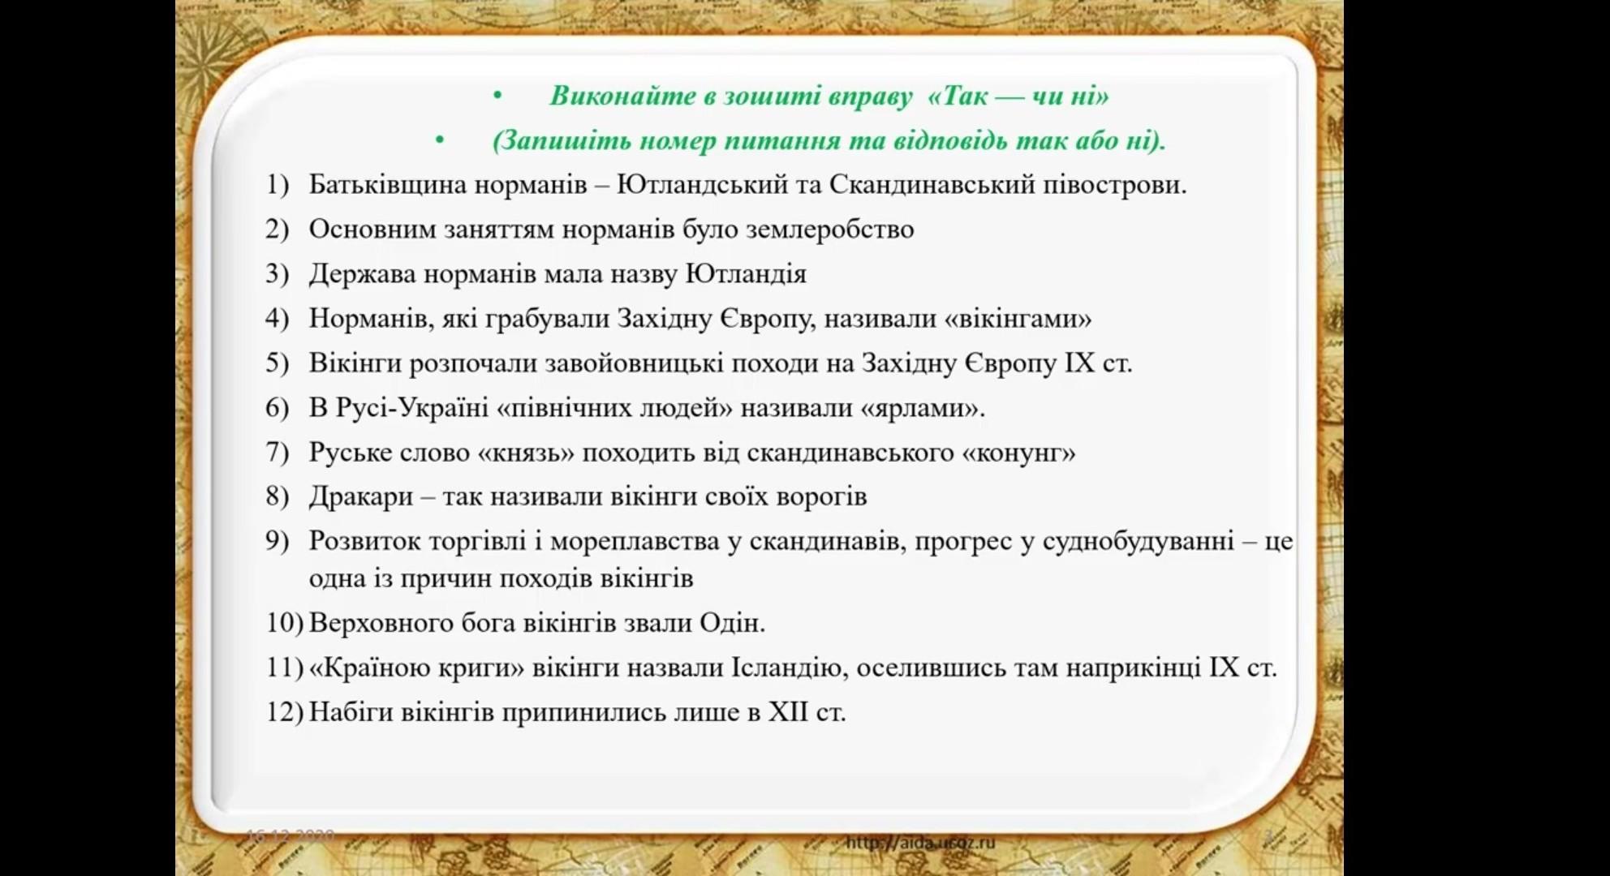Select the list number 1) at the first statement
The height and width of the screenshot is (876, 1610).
coord(277,185)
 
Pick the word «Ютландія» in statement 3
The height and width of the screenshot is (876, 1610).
coord(747,273)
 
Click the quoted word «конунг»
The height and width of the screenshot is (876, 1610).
coord(1018,452)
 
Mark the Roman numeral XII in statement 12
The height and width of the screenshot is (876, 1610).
coord(789,712)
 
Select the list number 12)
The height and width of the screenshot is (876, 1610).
coord(284,712)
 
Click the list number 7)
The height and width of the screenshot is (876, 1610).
coord(277,452)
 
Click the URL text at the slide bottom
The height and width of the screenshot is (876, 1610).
coord(920,843)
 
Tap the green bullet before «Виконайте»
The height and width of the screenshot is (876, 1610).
coord(497,97)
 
